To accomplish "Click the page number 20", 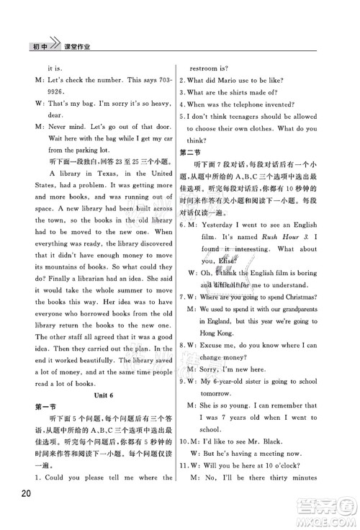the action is click(21, 512).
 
